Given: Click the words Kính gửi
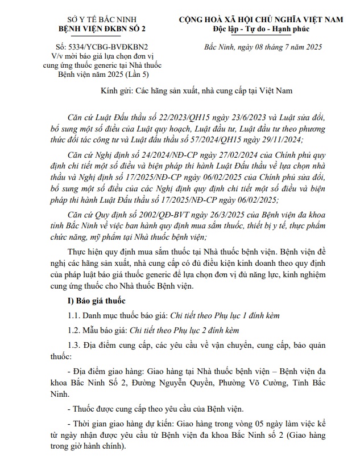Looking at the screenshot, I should (x=117, y=90).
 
